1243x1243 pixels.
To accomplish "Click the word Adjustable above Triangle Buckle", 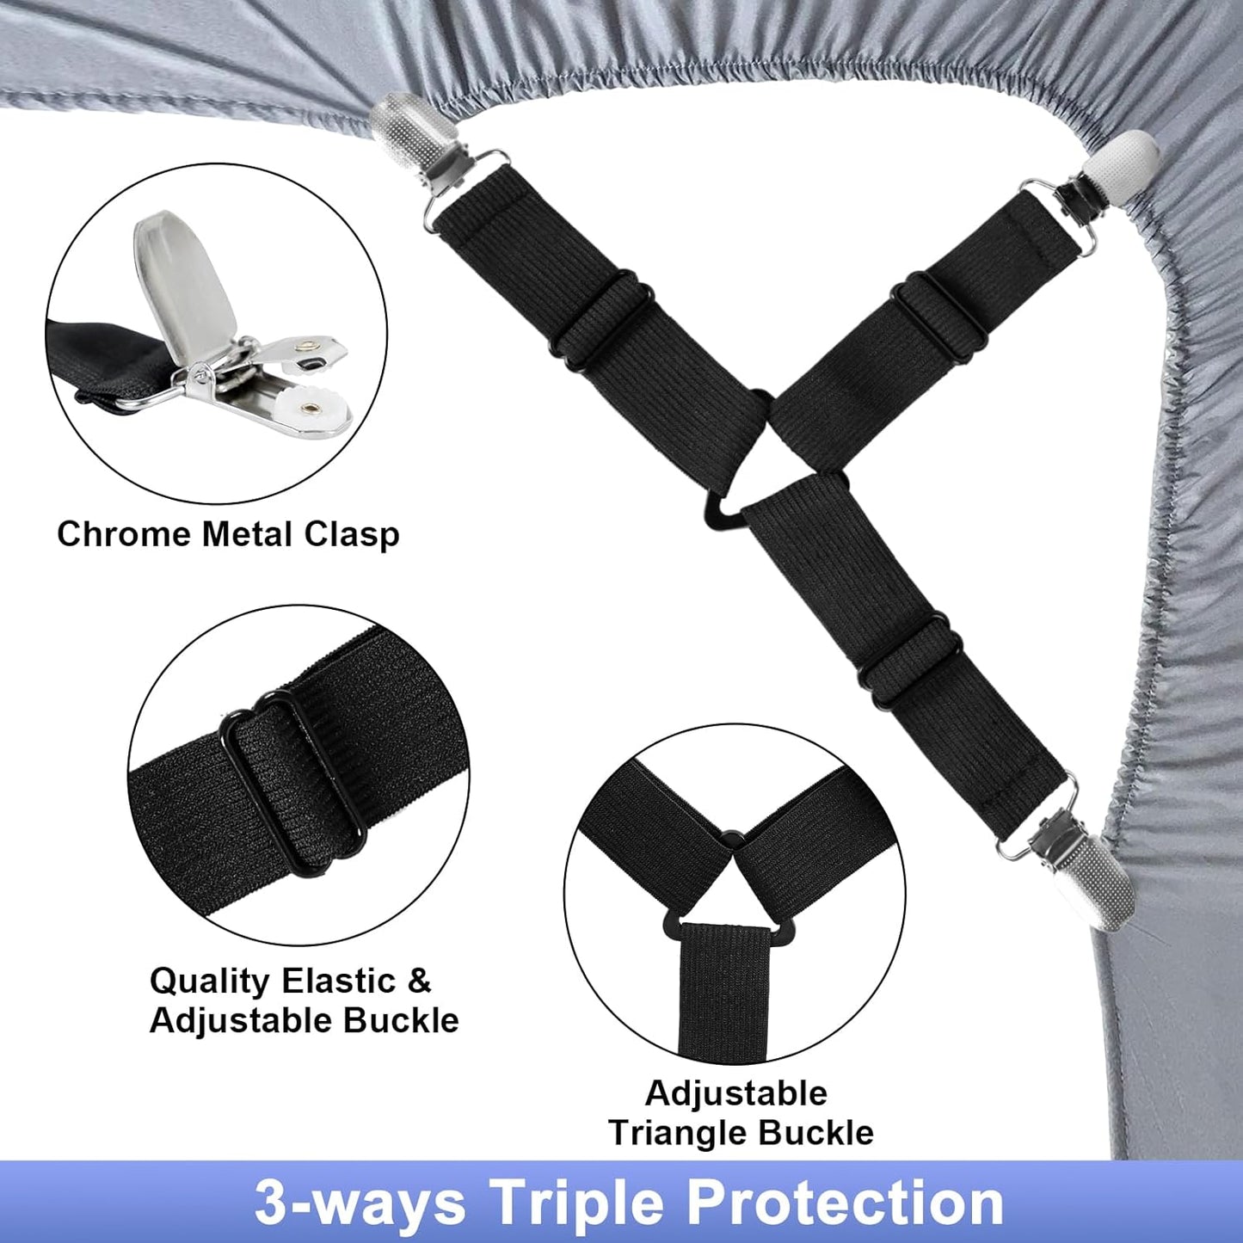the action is click(x=736, y=1094).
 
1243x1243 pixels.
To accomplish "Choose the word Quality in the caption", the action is click(x=210, y=982).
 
